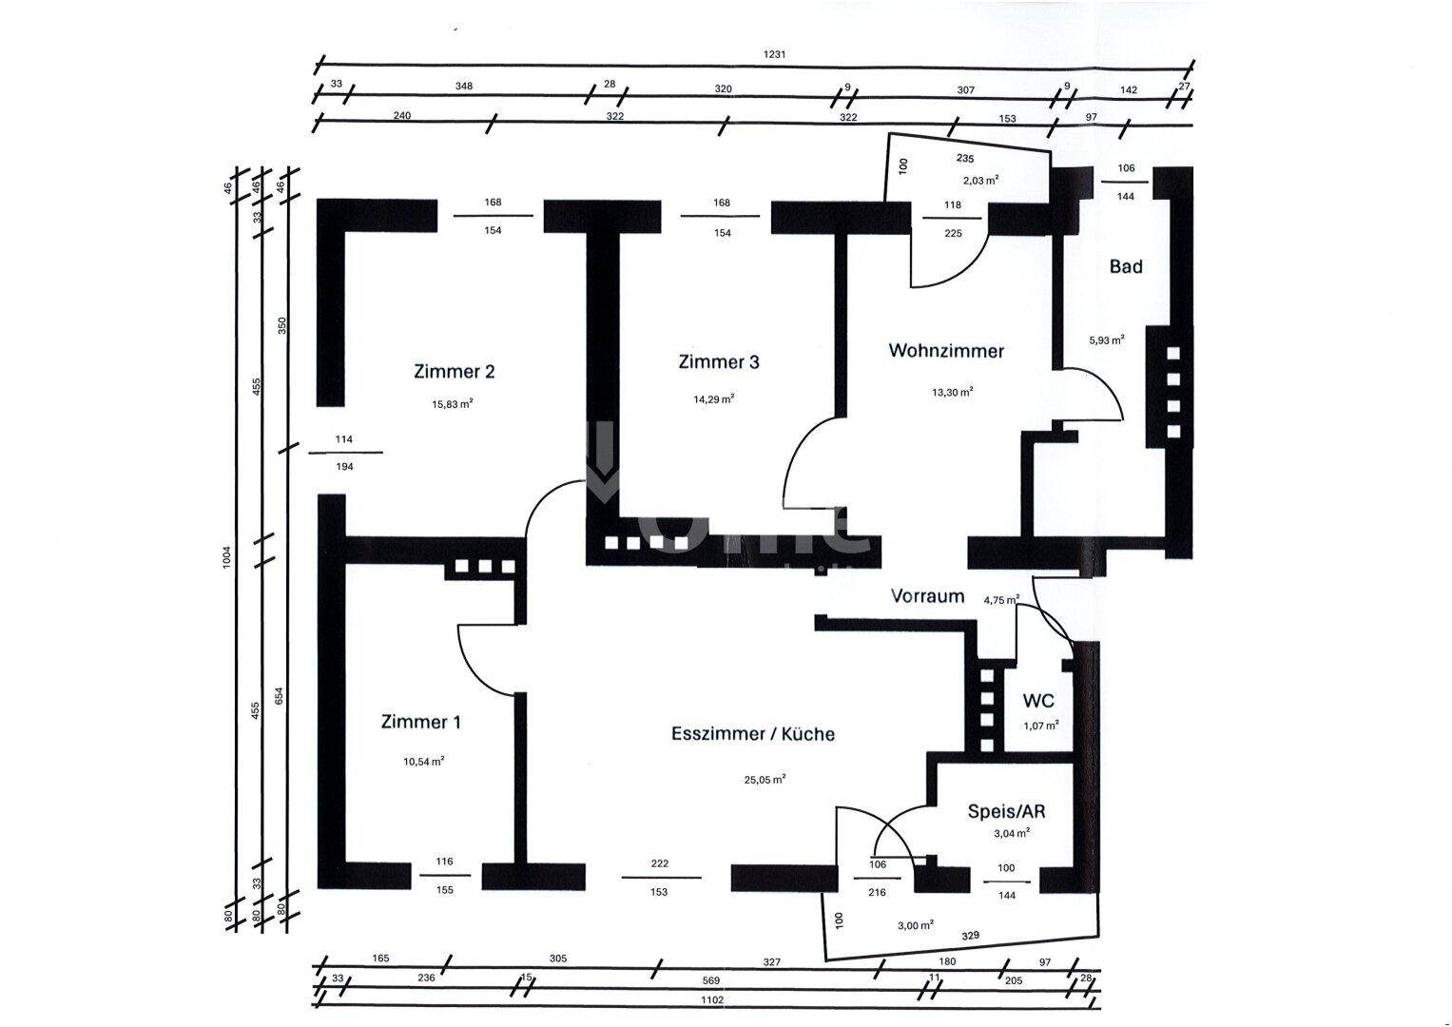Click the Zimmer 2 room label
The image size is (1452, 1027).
point(454,372)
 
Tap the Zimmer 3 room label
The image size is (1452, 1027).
point(719,362)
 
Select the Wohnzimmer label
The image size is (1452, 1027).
point(945,351)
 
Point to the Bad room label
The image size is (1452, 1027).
point(1126,266)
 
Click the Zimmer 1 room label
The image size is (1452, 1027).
point(420,722)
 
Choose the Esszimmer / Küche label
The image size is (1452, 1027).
point(753,734)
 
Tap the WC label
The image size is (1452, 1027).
point(1038,702)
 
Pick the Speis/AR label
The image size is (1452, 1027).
point(1006,811)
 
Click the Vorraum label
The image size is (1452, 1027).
point(927,596)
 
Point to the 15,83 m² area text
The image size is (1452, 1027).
point(453,403)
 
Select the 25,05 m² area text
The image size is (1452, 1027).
point(765,780)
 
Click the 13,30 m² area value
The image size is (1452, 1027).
point(952,391)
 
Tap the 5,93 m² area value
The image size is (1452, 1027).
point(1107,339)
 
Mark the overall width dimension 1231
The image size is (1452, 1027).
point(775,54)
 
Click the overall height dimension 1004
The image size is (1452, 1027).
point(226,556)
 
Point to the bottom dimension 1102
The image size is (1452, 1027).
point(711,999)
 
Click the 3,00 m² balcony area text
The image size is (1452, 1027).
point(915,924)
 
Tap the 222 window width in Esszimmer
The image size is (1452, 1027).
point(660,863)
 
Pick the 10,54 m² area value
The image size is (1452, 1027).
point(424,761)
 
